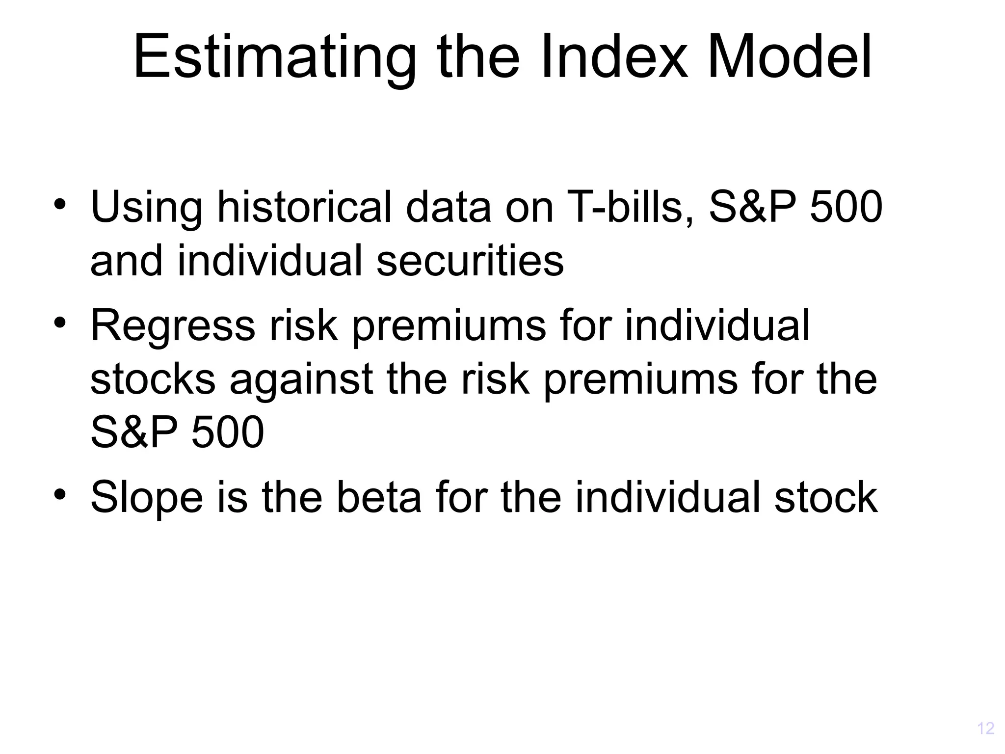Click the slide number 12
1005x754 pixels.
985,728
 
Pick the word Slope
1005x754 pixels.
147,498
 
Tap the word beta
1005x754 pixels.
378,498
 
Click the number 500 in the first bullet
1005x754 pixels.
846,208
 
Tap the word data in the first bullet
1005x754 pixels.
448,208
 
